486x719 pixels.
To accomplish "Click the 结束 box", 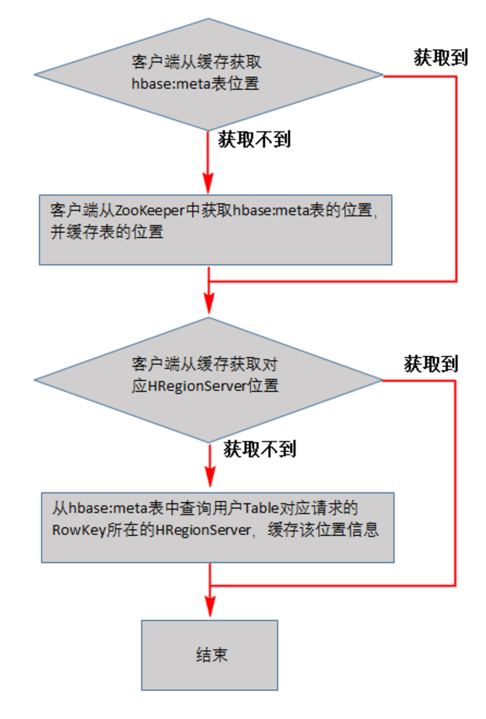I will point(210,655).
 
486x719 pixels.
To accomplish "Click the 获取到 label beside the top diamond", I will point(440,58).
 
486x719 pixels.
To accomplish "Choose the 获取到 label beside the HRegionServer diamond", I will point(430,364).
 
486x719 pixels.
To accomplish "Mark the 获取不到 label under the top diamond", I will point(255,139).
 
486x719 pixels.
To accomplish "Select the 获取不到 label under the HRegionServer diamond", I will point(260,449).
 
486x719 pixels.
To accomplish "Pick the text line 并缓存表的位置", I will point(106,232).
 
